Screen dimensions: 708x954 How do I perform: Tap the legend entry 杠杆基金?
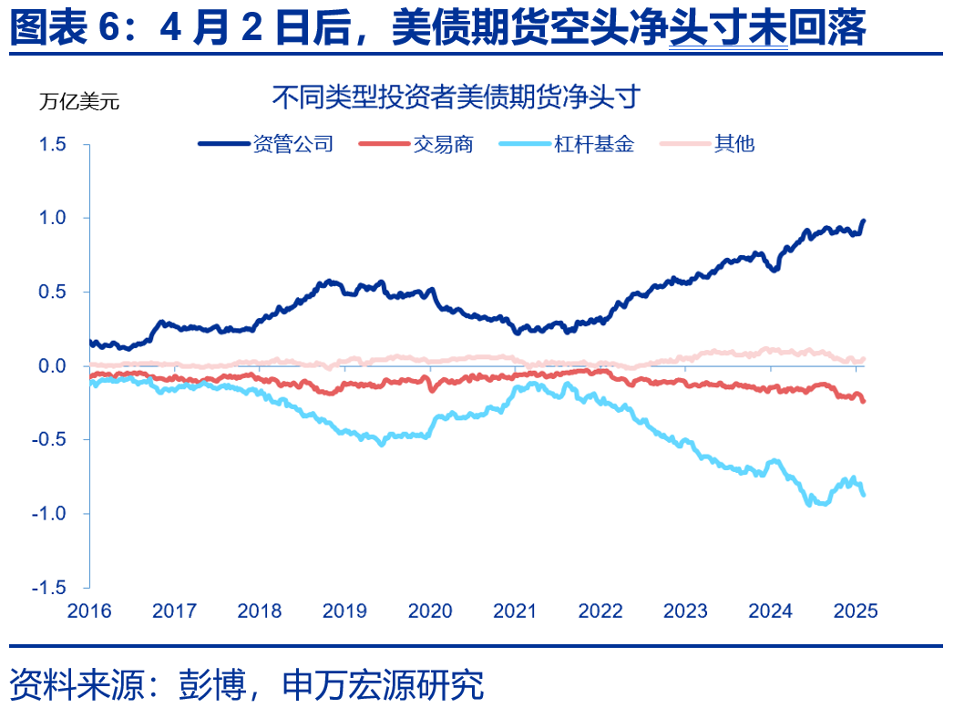pyautogui.click(x=593, y=144)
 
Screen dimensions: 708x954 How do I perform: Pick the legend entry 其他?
pyautogui.click(x=734, y=144)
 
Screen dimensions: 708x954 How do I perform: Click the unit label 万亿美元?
pyautogui.click(x=78, y=101)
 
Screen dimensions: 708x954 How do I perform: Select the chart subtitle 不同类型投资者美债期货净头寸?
pyautogui.click(x=456, y=97)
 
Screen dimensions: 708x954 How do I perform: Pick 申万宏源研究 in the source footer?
pyautogui.click(x=383, y=682)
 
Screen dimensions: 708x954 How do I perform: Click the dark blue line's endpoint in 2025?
pyautogui.click(x=864, y=221)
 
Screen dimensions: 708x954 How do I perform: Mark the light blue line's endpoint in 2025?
pyautogui.click(x=864, y=494)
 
